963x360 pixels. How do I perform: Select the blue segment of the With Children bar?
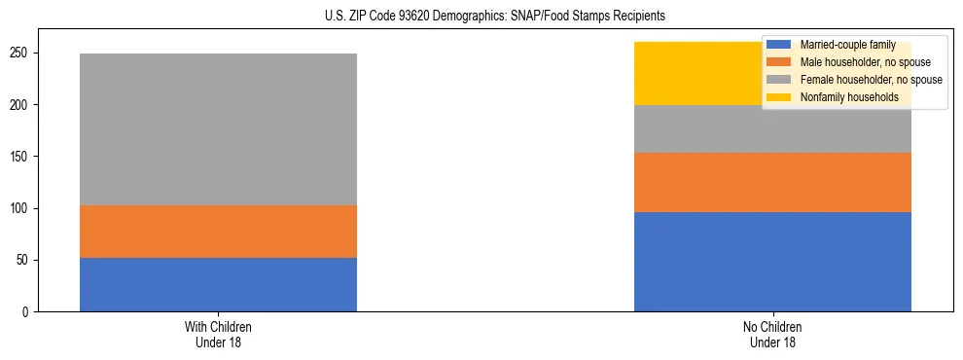[218, 284]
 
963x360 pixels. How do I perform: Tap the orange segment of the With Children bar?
[218, 232]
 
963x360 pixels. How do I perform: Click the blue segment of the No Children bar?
[772, 262]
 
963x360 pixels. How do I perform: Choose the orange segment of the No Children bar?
[772, 182]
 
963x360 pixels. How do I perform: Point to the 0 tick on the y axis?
[26, 312]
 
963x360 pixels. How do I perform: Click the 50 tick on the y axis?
[23, 261]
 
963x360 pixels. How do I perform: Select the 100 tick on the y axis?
[20, 208]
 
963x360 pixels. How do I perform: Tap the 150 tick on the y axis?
[20, 157]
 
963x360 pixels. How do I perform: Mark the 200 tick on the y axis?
[20, 105]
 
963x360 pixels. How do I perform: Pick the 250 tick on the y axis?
[20, 53]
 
